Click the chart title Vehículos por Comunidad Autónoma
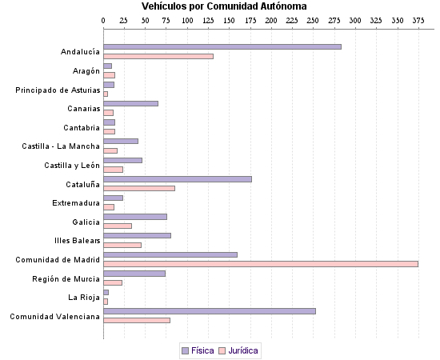(218, 6)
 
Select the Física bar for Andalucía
(222, 46)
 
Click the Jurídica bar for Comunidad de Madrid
(261, 263)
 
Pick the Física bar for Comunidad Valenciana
(210, 310)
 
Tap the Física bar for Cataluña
(178, 178)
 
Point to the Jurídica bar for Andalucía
(158, 56)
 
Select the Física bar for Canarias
(130, 103)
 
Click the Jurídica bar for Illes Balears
(122, 245)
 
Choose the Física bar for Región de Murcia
(134, 273)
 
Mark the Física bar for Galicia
(135, 216)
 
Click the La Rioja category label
(84, 298)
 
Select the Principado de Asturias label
(58, 90)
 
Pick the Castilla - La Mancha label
(61, 146)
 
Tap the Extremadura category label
(76, 203)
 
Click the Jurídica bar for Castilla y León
(113, 170)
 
